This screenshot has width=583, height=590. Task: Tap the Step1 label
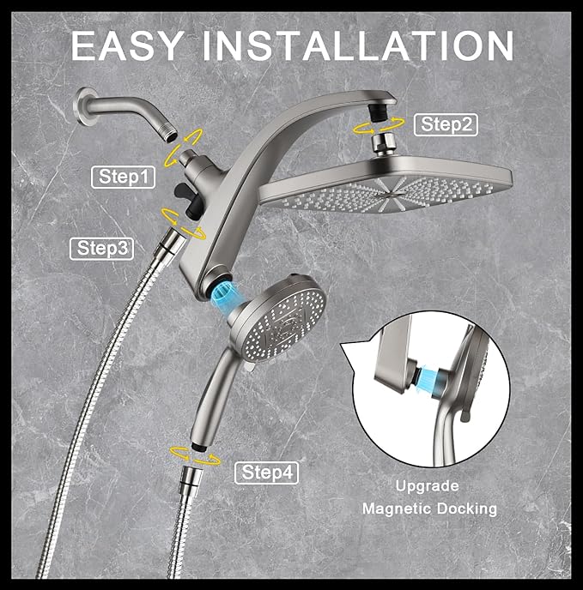click(124, 178)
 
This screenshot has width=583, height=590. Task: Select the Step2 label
click(446, 124)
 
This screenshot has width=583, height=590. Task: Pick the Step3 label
click(102, 248)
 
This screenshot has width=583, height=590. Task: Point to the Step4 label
click(269, 473)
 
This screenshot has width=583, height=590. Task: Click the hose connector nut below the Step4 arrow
click(187, 477)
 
